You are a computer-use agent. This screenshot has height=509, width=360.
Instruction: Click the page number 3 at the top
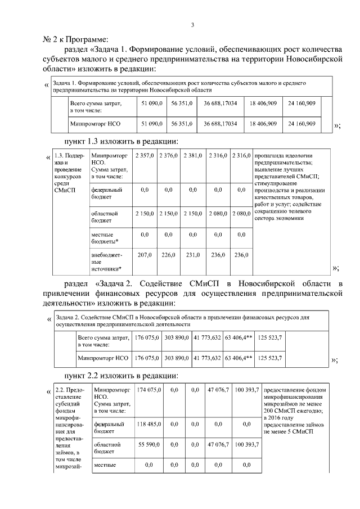192,24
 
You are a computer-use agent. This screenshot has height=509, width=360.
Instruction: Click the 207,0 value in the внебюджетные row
145,255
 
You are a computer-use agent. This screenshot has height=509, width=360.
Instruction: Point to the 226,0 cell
168,255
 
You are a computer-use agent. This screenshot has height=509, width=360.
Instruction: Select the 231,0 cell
193,255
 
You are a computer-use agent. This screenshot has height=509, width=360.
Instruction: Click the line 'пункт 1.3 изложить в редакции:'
122,141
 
